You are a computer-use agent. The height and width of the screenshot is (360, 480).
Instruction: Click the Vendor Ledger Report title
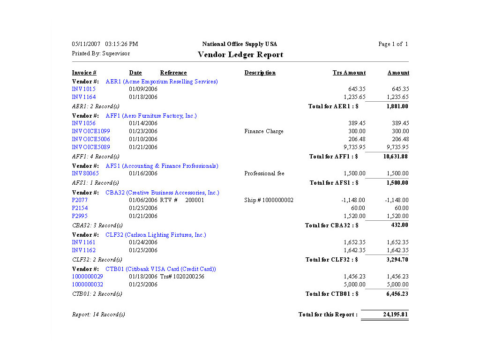(240, 54)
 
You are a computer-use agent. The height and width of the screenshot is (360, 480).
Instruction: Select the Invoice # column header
(84, 73)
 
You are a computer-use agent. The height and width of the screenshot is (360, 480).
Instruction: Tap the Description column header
(260, 73)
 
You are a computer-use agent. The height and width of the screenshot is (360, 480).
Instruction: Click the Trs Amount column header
(349, 73)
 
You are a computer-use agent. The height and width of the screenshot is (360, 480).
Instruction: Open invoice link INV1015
(83, 89)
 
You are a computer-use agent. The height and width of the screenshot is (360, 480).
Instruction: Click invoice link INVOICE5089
(91, 147)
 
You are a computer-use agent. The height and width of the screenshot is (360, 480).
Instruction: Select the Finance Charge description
(263, 131)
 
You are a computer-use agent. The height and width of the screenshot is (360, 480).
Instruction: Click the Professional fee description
(264, 173)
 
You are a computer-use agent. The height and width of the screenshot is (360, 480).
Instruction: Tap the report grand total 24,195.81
(395, 315)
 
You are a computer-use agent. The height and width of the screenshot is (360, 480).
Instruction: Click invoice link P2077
(80, 200)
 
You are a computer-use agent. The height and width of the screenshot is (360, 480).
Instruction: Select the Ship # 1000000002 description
(269, 200)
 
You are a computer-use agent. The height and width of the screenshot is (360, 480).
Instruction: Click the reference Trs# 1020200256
(182, 277)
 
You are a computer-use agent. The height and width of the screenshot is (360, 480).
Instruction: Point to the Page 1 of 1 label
(393, 44)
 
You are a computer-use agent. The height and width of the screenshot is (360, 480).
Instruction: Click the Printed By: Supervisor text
(101, 53)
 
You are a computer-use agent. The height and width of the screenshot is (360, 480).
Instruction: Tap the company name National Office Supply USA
(240, 44)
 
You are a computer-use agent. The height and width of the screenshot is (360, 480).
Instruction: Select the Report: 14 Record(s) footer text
(98, 315)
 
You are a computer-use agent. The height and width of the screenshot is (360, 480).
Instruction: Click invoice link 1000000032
(87, 285)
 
